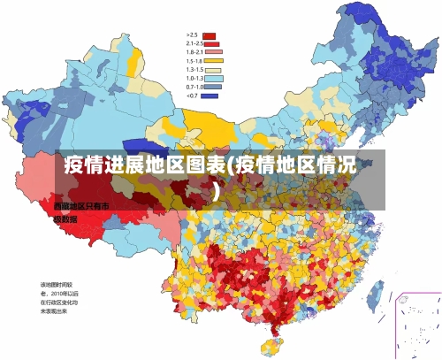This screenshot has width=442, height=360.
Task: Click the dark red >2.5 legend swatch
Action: tap(210, 36)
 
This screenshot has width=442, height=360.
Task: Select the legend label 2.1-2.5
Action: tap(194, 44)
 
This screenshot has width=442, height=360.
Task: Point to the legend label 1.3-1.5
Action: tap(194, 69)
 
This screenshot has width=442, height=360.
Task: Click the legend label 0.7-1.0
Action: tap(194, 87)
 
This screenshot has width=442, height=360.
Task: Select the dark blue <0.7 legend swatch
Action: tap(210, 95)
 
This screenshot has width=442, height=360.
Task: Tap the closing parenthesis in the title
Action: tap(216, 189)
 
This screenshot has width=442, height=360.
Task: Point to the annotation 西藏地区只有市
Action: tap(81, 206)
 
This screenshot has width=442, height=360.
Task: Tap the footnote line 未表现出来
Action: tap(55, 310)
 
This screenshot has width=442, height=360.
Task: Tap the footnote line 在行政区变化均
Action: tap(58, 302)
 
